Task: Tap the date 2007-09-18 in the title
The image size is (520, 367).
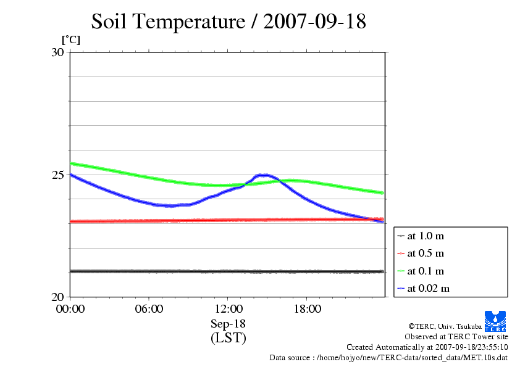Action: pyautogui.click(x=314, y=22)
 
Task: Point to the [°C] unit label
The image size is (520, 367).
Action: pyautogui.click(x=70, y=40)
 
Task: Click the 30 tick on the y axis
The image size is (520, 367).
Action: pyautogui.click(x=58, y=52)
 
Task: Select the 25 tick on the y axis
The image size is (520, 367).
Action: pyautogui.click(x=58, y=175)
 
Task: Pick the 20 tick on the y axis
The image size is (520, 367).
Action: pyautogui.click(x=58, y=297)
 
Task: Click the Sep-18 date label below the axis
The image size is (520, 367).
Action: pyautogui.click(x=228, y=324)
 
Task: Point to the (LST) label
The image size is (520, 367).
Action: pyautogui.click(x=228, y=338)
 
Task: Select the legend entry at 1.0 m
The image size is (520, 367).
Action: pyautogui.click(x=426, y=236)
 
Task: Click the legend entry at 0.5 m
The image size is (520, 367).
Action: pyautogui.click(x=426, y=253)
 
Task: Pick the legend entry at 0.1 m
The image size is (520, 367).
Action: pyautogui.click(x=426, y=271)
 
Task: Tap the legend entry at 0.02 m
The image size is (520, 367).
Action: pyautogui.click(x=428, y=288)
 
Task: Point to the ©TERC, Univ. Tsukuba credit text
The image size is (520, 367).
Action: pyautogui.click(x=445, y=326)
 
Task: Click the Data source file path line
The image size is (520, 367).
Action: pyautogui.click(x=389, y=357)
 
